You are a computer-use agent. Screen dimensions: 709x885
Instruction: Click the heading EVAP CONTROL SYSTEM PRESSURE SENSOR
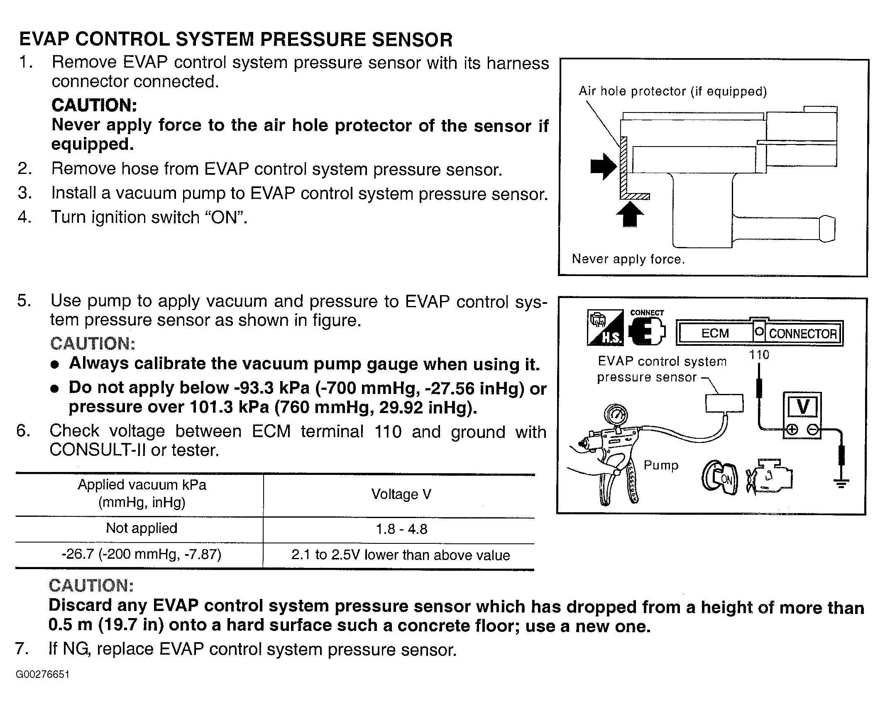(x=236, y=40)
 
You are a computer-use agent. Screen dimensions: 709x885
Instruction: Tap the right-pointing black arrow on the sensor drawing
(x=603, y=167)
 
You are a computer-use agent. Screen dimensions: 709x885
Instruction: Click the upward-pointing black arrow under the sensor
(x=630, y=214)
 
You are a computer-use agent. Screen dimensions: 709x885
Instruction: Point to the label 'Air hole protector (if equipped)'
(x=672, y=91)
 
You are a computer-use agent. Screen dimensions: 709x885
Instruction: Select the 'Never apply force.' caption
(x=628, y=259)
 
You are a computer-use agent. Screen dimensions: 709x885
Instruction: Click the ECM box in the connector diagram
(x=715, y=333)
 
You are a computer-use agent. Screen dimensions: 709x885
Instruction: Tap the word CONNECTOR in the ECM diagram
(x=802, y=334)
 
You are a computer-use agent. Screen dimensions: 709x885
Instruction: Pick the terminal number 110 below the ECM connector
(x=759, y=355)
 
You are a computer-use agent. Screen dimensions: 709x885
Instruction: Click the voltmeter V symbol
(x=802, y=407)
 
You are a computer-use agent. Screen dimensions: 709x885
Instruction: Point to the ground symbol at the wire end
(x=841, y=483)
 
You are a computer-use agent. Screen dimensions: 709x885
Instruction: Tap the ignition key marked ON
(x=720, y=479)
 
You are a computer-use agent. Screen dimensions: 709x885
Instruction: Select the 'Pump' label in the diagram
(x=661, y=465)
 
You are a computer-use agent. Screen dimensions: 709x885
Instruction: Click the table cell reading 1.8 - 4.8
(x=401, y=529)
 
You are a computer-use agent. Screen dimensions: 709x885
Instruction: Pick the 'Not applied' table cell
(x=142, y=528)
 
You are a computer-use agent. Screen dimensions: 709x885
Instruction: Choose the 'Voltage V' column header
(x=401, y=494)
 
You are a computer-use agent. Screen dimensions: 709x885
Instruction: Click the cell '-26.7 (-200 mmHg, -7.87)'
(x=142, y=555)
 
